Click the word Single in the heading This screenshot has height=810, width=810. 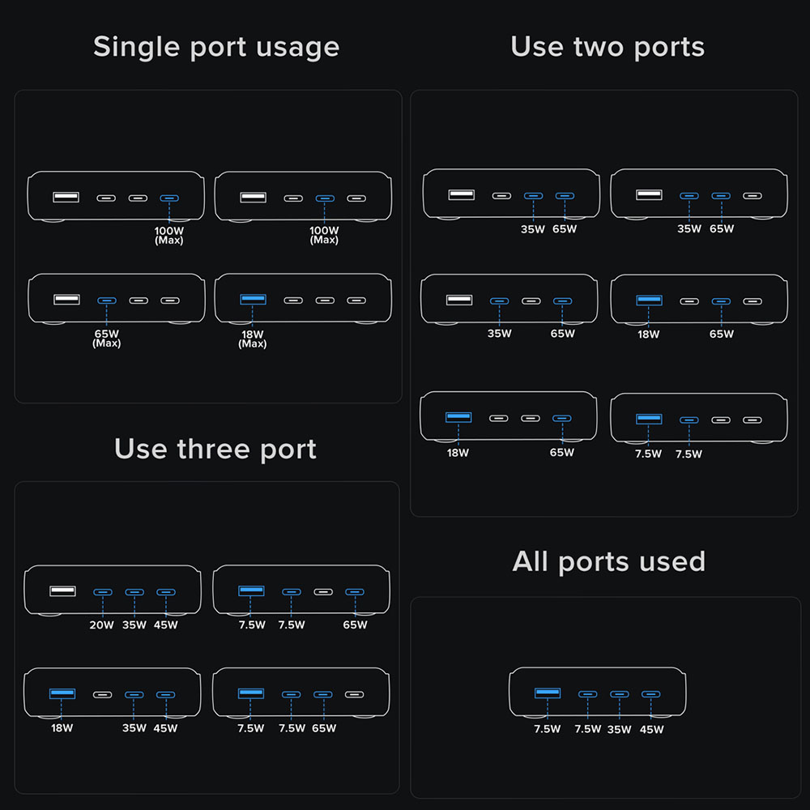[x=134, y=47]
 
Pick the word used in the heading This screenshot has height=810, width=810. [x=671, y=561]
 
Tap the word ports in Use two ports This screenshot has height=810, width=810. [x=669, y=47]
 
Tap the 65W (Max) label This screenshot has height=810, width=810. [x=106, y=338]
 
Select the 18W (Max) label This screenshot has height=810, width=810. [x=253, y=339]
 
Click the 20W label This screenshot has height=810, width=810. [x=102, y=625]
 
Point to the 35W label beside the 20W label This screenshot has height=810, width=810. [x=134, y=625]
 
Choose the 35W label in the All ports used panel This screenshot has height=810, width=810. [x=619, y=729]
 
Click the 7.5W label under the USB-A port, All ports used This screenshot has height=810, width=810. [x=547, y=729]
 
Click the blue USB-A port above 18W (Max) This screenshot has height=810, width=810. [x=253, y=300]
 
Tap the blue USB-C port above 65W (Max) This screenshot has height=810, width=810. [x=106, y=301]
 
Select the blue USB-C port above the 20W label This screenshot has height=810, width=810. [x=102, y=592]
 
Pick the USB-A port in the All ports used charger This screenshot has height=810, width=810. [x=547, y=693]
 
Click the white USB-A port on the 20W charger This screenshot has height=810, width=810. [x=62, y=590]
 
